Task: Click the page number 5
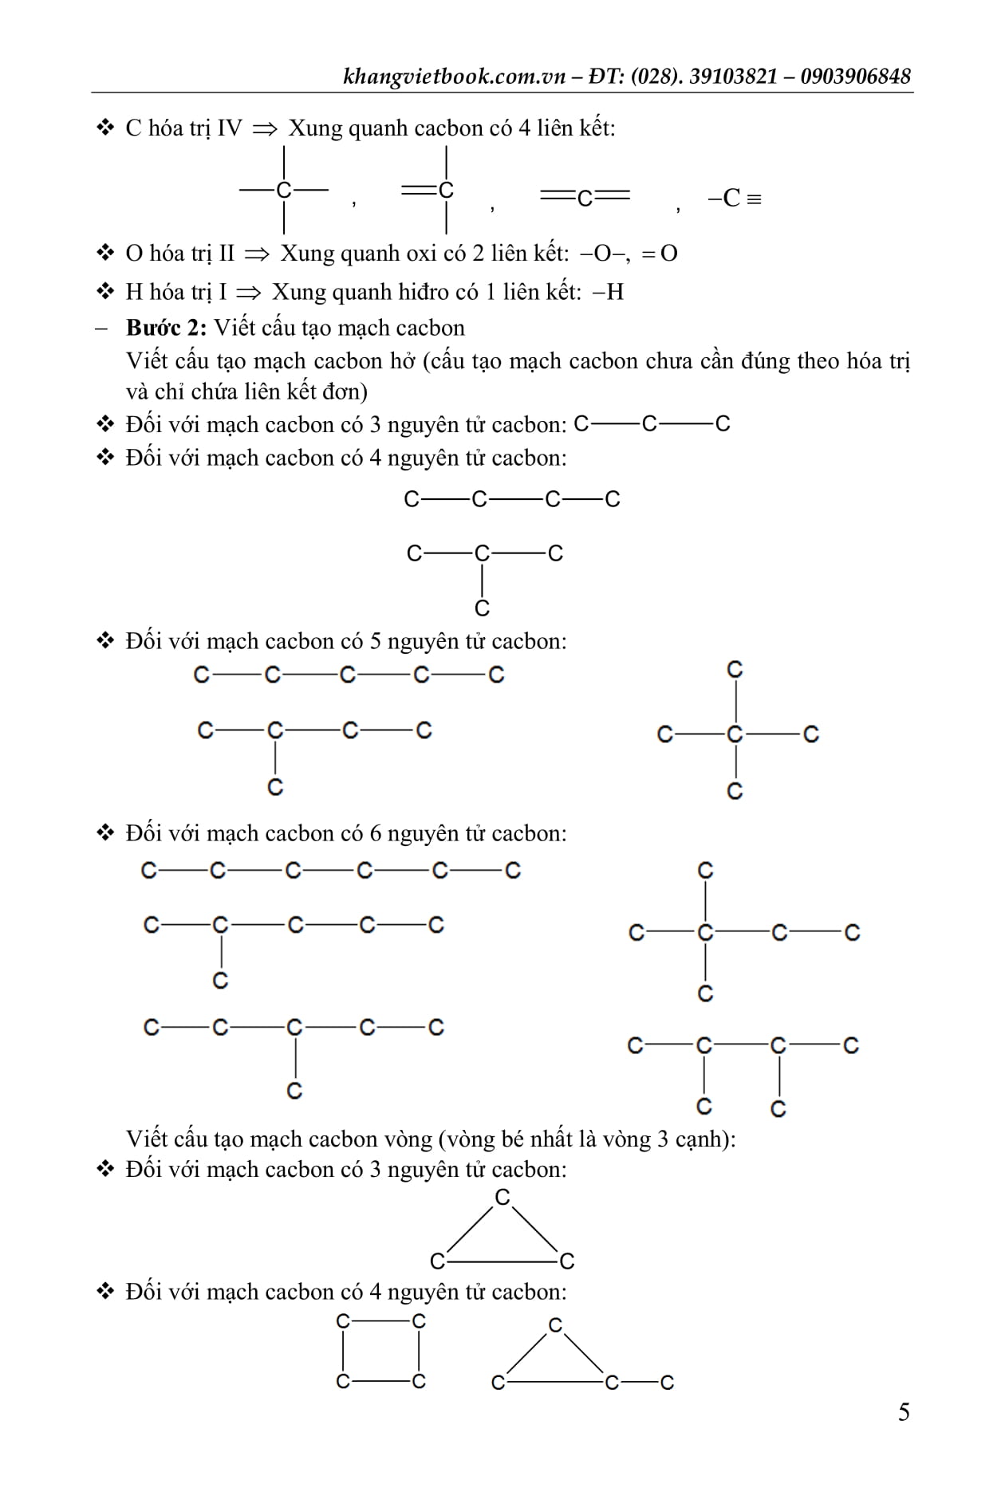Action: click(x=904, y=1412)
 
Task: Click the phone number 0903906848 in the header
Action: click(x=855, y=76)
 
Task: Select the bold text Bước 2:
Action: click(x=166, y=328)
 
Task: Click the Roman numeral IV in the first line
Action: click(x=229, y=128)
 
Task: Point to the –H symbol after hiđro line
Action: click(x=609, y=292)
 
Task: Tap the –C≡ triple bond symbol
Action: click(x=734, y=198)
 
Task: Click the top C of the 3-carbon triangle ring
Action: click(x=502, y=1198)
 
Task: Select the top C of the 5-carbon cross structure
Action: click(x=735, y=670)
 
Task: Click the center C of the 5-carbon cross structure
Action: click(x=735, y=734)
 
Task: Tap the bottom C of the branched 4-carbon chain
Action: click(x=482, y=608)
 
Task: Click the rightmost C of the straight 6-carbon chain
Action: click(x=513, y=870)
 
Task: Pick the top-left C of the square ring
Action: click(x=343, y=1321)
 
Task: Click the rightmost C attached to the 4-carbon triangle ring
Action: click(x=667, y=1382)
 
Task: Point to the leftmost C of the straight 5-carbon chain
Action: click(x=202, y=675)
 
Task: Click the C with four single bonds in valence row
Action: click(x=284, y=190)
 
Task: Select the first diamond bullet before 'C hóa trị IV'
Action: click(x=105, y=128)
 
